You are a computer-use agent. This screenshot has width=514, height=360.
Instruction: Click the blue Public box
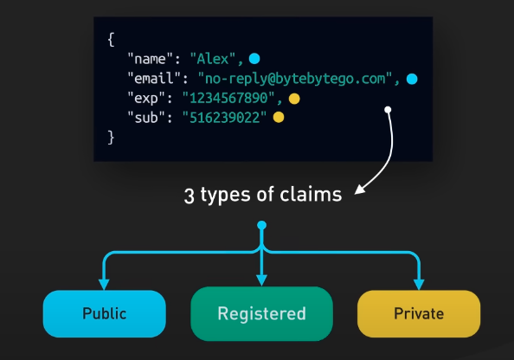click(x=104, y=314)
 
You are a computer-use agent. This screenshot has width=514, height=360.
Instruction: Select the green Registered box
click(x=261, y=314)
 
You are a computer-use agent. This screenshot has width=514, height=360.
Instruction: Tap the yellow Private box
click(x=419, y=314)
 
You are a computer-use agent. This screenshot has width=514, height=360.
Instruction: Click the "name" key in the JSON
click(x=150, y=59)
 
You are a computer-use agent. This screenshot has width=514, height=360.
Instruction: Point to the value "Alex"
click(x=212, y=59)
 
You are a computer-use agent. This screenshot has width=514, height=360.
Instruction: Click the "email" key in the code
click(x=154, y=79)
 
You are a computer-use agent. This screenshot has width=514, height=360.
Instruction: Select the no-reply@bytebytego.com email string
click(x=295, y=79)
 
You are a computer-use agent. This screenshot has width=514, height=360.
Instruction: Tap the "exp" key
click(x=146, y=99)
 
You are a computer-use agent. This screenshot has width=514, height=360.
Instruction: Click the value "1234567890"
click(x=228, y=98)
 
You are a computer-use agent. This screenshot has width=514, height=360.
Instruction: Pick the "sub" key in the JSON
click(x=146, y=118)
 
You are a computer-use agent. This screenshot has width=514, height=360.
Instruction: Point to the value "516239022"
click(x=224, y=118)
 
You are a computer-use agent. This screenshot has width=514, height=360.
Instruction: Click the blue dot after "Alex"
click(x=254, y=59)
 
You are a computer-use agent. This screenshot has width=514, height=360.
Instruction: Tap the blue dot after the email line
click(x=412, y=79)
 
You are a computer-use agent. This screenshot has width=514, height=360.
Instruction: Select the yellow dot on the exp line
click(x=294, y=99)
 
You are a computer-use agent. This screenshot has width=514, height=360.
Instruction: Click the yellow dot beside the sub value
click(x=279, y=118)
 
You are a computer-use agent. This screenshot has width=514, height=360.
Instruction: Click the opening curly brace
click(x=111, y=39)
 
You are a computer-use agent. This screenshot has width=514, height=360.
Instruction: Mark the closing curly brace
click(x=111, y=138)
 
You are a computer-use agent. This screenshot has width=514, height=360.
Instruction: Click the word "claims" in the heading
click(x=311, y=195)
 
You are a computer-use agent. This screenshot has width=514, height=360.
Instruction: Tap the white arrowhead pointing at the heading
click(x=360, y=190)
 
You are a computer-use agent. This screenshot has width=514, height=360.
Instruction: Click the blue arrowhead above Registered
click(x=261, y=280)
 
